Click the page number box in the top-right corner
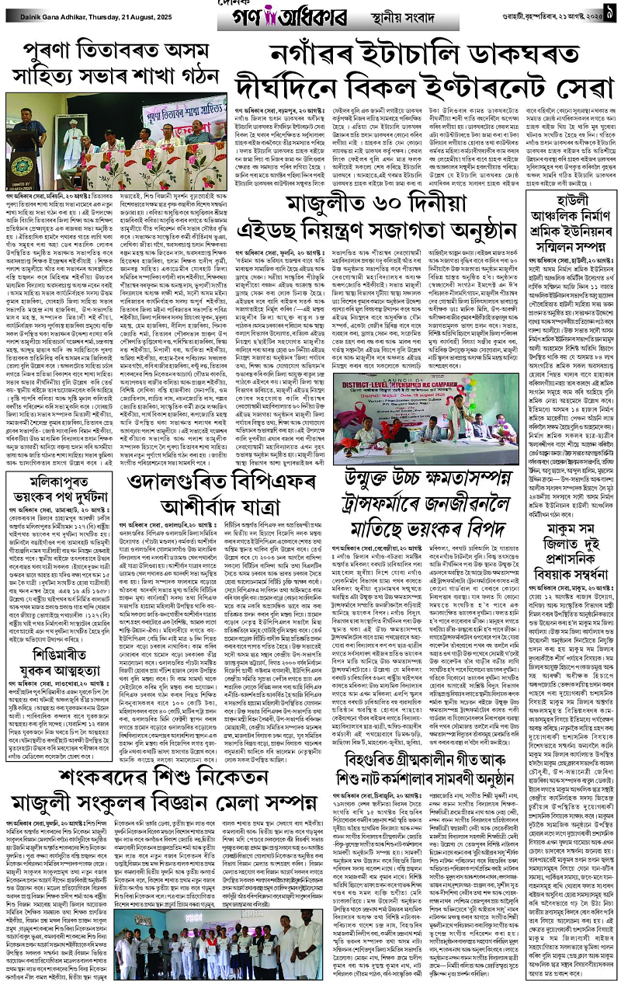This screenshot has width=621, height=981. click(x=610, y=12)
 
